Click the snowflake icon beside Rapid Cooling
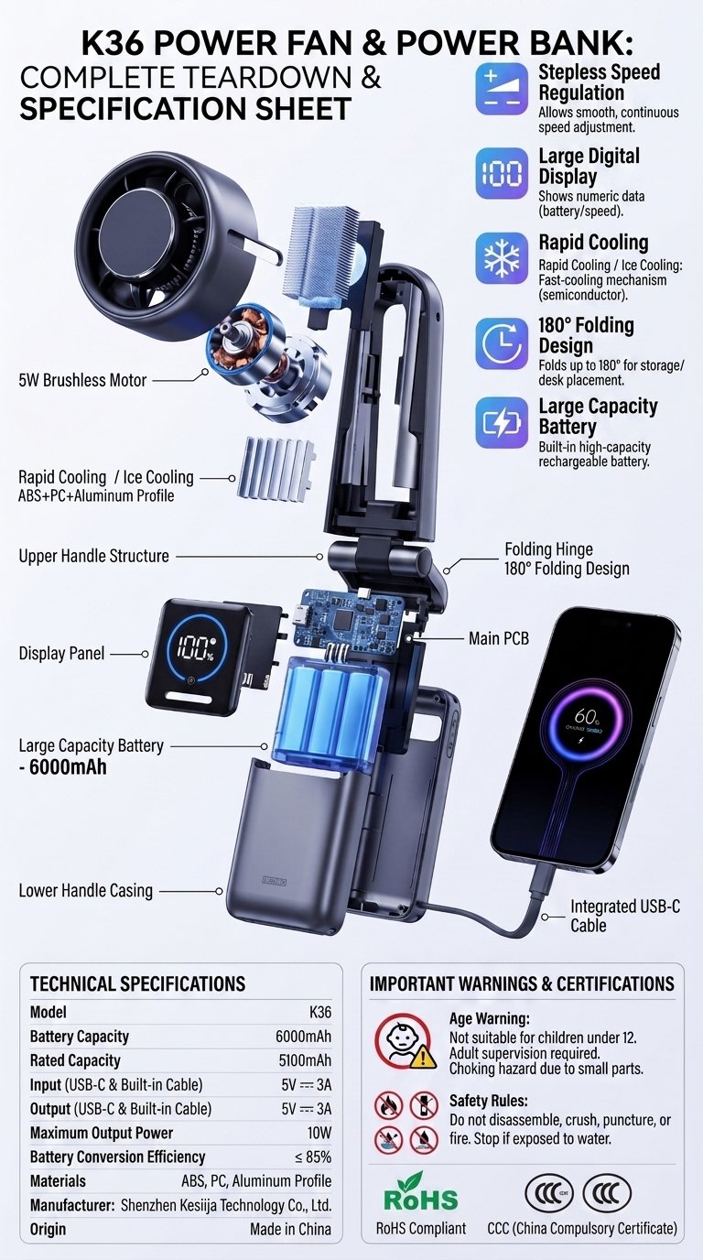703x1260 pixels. click(x=502, y=258)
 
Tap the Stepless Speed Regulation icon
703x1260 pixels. click(x=502, y=89)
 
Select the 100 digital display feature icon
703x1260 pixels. click(x=502, y=173)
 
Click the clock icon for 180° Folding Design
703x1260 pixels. click(x=502, y=343)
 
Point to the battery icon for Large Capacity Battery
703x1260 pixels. click(x=502, y=423)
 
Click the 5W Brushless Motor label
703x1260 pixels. click(x=82, y=380)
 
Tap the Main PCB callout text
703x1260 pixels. click(x=499, y=638)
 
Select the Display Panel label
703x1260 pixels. click(x=62, y=653)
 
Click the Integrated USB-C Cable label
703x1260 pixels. click(x=625, y=915)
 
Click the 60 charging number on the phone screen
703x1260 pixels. click(x=585, y=716)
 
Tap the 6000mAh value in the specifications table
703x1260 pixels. click(x=303, y=1037)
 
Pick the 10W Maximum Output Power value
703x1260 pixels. click(x=319, y=1133)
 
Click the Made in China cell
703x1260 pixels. click(x=291, y=1229)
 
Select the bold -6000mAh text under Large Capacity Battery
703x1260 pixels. click(x=62, y=767)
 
